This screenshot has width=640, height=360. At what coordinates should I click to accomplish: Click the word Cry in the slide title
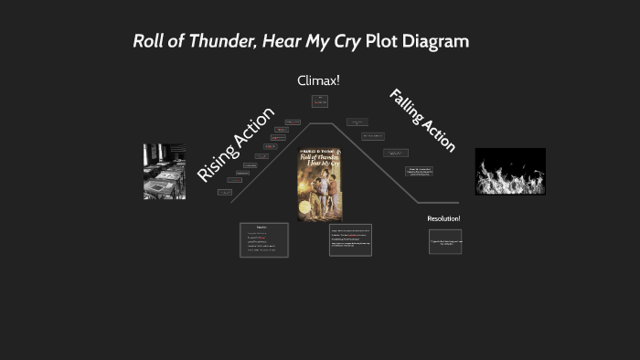tap(343, 41)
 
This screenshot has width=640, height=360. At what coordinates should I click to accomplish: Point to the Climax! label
tap(318, 80)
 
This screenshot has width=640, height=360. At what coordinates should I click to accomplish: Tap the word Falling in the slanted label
tap(406, 106)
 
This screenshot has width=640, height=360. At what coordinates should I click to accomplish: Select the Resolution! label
tap(443, 218)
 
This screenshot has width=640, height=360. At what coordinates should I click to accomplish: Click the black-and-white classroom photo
tap(164, 171)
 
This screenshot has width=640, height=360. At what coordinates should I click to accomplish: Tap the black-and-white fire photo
tap(510, 171)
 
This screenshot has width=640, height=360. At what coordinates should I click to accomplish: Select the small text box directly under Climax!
tap(319, 101)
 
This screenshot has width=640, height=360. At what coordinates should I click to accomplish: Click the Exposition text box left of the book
tap(264, 239)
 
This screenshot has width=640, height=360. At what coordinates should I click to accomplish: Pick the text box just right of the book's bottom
tap(350, 239)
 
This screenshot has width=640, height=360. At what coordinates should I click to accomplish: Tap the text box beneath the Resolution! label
tap(445, 241)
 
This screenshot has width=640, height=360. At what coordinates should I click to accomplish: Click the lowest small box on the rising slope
tap(224, 193)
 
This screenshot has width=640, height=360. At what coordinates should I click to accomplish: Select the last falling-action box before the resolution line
tap(420, 171)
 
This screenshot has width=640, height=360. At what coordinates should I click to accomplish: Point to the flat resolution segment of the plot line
tap(439, 203)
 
